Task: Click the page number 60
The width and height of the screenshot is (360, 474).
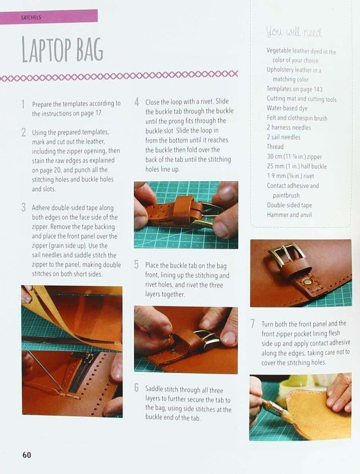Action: pyautogui.click(x=27, y=455)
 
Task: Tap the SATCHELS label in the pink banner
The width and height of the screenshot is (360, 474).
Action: pyautogui.click(x=31, y=17)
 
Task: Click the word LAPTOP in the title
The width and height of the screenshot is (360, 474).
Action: pyautogui.click(x=46, y=50)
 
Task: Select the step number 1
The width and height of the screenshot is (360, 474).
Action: pyautogui.click(x=23, y=104)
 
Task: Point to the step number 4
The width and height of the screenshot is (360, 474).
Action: pyautogui.click(x=137, y=102)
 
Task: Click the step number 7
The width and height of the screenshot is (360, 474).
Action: pyautogui.click(x=253, y=324)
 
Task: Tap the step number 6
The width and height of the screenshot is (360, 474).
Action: pyautogui.click(x=137, y=388)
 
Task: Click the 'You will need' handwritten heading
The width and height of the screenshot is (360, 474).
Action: pyautogui.click(x=294, y=32)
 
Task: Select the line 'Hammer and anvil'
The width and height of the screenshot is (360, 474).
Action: pyautogui.click(x=289, y=215)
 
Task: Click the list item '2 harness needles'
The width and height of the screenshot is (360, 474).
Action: pyautogui.click(x=288, y=127)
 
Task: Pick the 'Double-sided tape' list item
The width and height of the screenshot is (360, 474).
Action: pyautogui.click(x=289, y=205)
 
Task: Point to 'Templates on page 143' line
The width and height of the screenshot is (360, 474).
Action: pyautogui.click(x=294, y=89)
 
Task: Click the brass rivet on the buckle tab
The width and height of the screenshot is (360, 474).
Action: pyautogui.click(x=308, y=282)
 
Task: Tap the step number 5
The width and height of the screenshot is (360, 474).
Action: pyautogui.click(x=137, y=265)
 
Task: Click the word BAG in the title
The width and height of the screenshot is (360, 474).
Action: pyautogui.click(x=90, y=50)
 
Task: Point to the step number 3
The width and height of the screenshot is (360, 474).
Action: pyautogui.click(x=23, y=208)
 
